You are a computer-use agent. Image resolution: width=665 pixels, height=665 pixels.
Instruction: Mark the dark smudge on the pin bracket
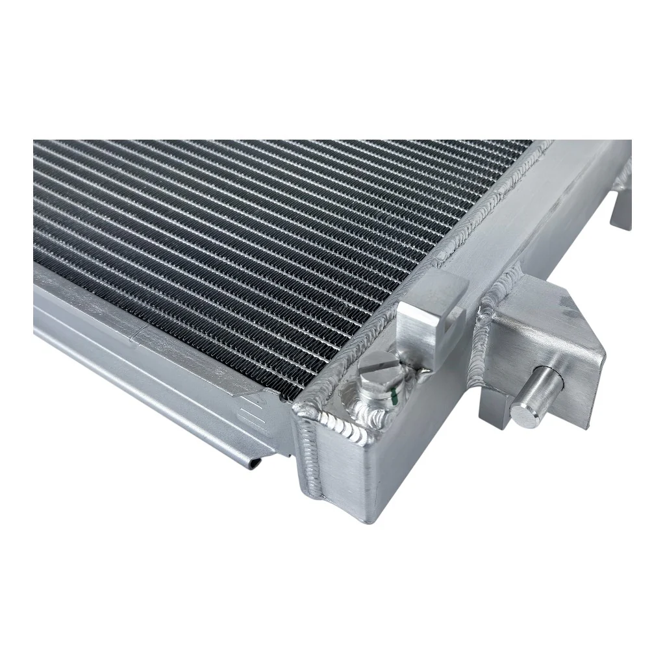(x=568, y=312)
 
